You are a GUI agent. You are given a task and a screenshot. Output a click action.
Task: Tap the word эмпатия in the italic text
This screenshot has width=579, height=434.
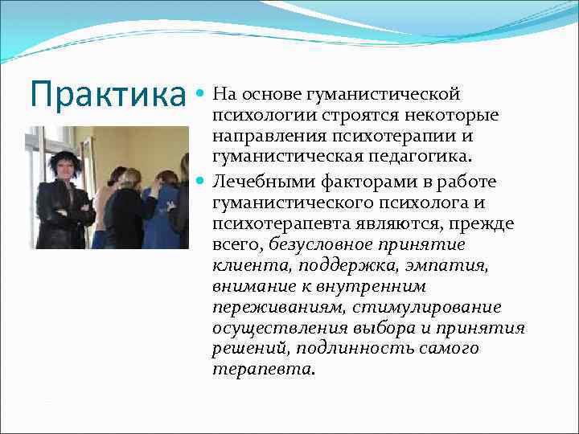click(450, 265)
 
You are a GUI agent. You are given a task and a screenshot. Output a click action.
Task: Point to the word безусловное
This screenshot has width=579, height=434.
click(326, 244)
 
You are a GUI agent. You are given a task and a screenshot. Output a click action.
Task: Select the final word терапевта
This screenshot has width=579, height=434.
click(263, 370)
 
